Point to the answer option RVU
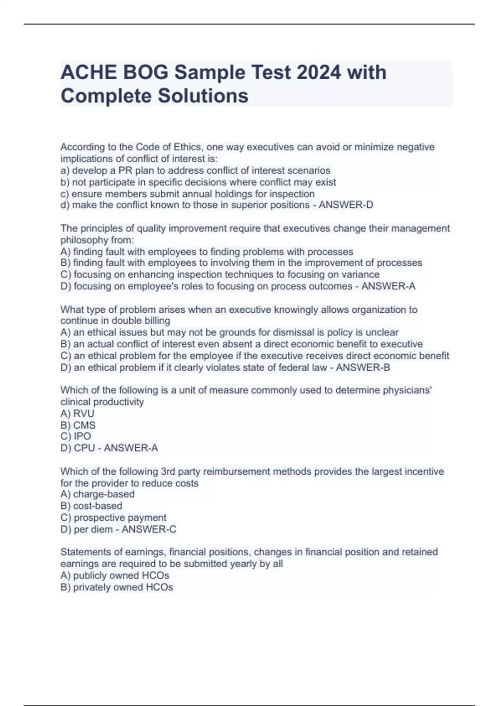[x=84, y=414]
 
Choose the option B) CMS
[x=78, y=425]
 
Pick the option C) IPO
[x=76, y=436]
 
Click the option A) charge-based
[x=98, y=494]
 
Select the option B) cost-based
[x=91, y=506]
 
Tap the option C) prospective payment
[x=114, y=517]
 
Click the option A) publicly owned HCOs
[x=115, y=576]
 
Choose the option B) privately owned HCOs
[x=116, y=587]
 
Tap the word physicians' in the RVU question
[x=407, y=390]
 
